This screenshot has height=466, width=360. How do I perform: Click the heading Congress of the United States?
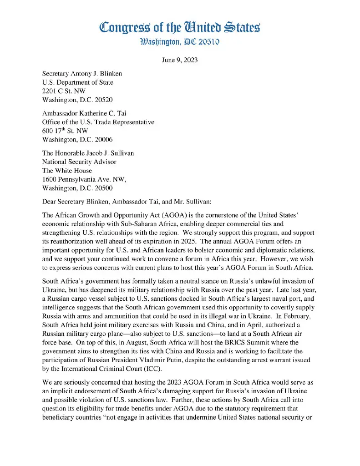180,27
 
